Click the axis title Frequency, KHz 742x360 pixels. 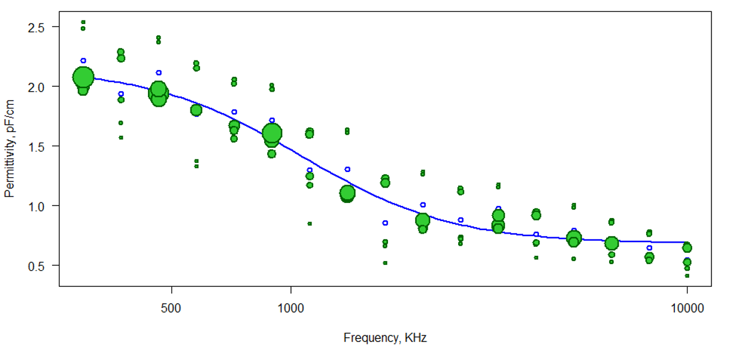coord(385,338)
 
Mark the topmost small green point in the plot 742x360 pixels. coord(83,22)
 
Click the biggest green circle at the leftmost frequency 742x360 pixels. coord(83,77)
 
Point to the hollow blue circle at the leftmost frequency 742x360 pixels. coord(83,60)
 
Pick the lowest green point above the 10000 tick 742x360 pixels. coord(687,276)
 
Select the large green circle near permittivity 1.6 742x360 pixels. coord(272,133)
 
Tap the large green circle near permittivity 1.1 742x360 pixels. coord(347,193)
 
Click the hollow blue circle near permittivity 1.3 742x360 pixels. coord(347,170)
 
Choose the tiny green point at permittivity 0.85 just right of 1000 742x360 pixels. coord(310,223)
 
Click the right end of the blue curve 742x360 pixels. coord(687,243)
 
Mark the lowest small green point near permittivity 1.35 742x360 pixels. coord(196,166)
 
